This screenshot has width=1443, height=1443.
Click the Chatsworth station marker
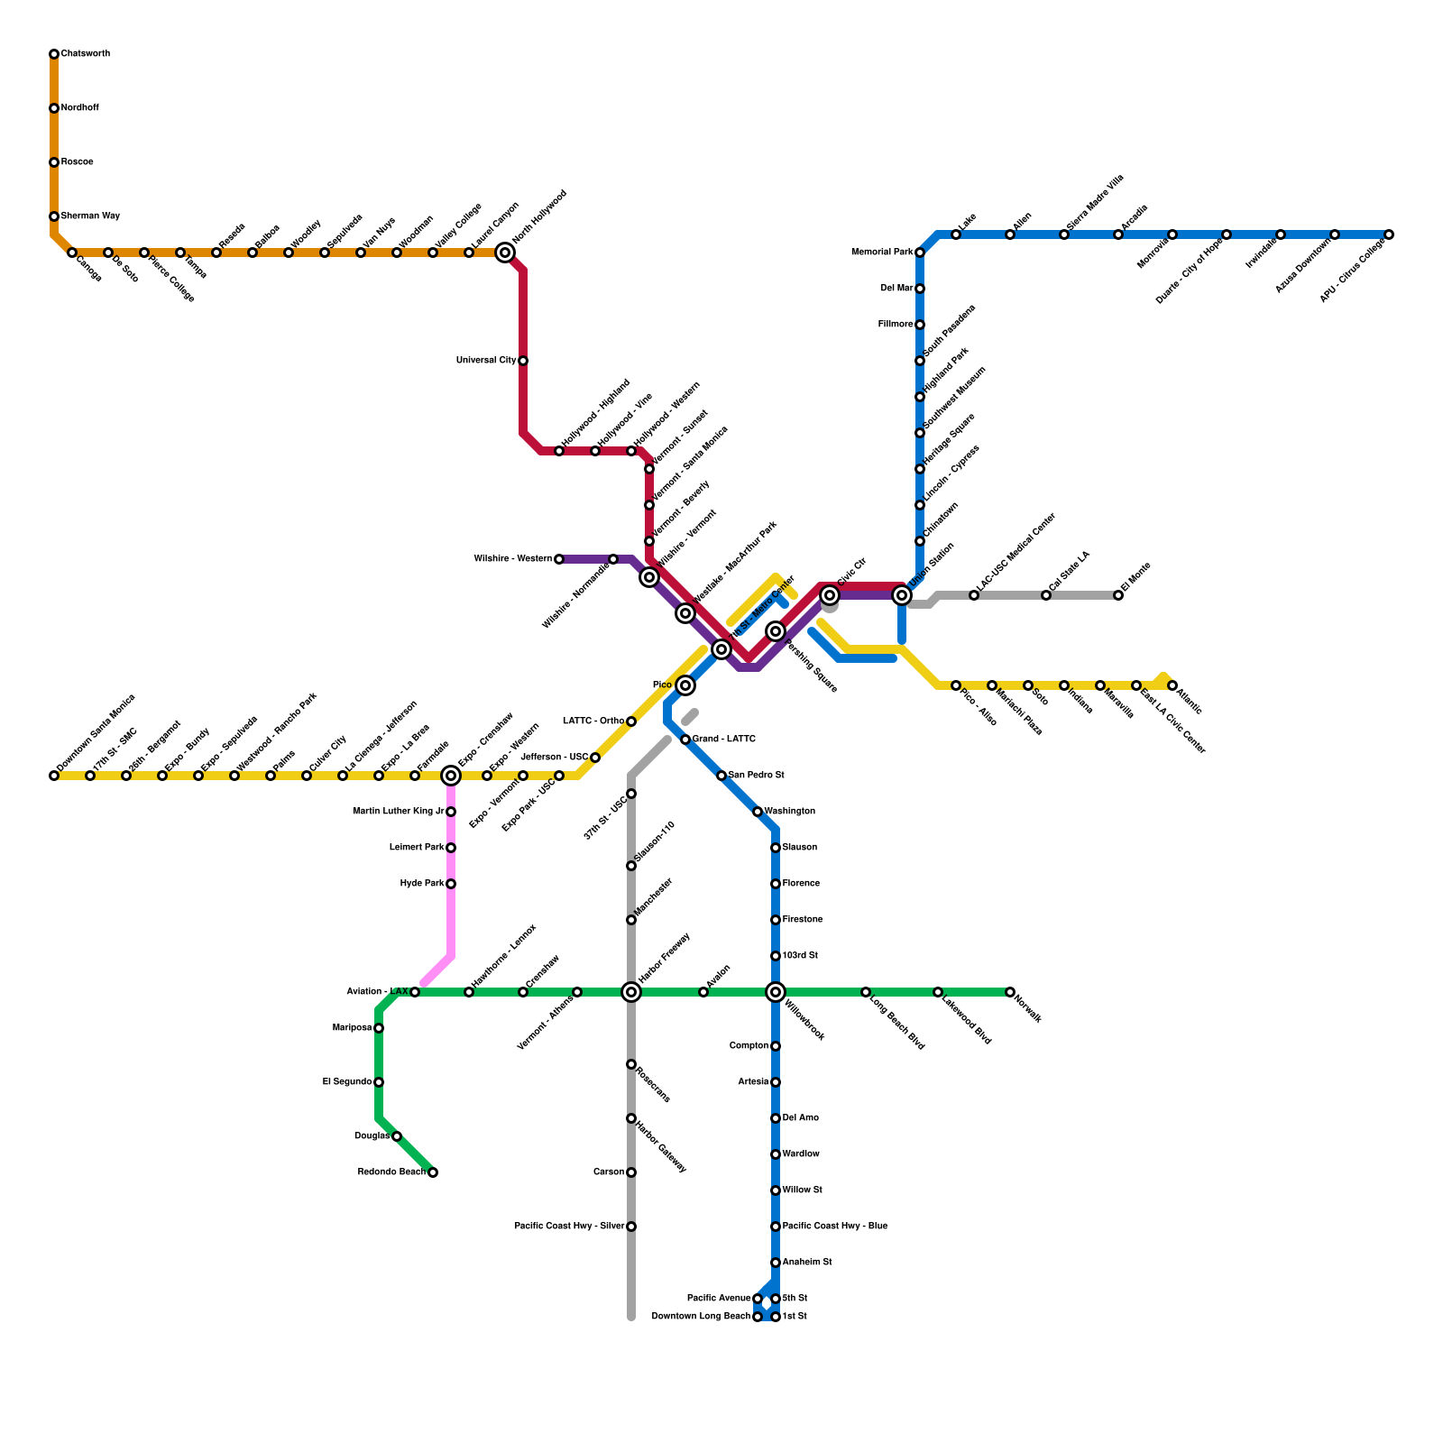(54, 54)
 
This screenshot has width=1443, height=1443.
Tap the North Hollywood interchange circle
(505, 253)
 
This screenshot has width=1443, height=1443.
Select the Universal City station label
(486, 361)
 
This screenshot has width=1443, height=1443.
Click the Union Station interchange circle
(902, 595)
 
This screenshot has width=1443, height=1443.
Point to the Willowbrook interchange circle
(776, 992)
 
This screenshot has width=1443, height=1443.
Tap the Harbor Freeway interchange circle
(631, 992)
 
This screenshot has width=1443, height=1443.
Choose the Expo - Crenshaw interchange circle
(451, 776)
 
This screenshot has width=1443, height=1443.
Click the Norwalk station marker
(1010, 992)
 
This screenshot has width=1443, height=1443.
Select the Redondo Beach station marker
(433, 1172)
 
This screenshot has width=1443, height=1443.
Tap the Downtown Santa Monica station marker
(54, 776)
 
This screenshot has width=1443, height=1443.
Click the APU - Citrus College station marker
(1389, 234)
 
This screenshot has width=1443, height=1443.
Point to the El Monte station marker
(1118, 595)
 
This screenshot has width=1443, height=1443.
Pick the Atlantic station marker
(1172, 685)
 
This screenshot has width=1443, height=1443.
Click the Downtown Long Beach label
(701, 1317)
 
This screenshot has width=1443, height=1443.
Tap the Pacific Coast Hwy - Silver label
(569, 1227)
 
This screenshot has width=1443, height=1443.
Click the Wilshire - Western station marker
(559, 559)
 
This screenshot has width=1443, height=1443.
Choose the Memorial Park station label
(882, 253)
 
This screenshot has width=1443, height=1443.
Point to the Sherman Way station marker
(54, 216)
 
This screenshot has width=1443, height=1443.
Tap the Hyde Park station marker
(451, 884)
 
